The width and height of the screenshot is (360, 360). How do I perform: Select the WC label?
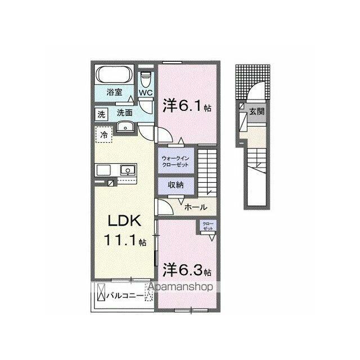tap(146, 93)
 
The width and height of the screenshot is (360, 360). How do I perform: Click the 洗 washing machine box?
tap(101, 114)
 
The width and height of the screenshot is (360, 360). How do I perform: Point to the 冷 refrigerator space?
tap(103, 134)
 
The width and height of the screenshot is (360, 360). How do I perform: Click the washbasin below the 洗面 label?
tap(125, 127)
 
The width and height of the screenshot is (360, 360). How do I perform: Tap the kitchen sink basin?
tap(128, 170)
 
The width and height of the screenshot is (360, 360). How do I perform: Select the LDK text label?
tap(124, 221)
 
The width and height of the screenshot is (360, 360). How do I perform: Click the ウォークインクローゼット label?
tap(175, 161)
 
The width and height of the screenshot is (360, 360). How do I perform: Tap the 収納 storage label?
tap(175, 184)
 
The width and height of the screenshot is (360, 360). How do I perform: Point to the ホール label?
tap(196, 208)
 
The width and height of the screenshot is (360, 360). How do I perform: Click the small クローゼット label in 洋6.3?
tap(208, 226)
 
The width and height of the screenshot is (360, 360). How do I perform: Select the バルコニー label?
tap(125, 296)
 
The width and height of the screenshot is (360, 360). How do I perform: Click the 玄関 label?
tap(257, 111)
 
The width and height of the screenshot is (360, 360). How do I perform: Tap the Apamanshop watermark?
tap(181, 287)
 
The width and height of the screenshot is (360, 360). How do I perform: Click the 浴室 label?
tap(114, 92)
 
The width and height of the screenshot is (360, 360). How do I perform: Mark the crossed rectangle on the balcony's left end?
tap(101, 292)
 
